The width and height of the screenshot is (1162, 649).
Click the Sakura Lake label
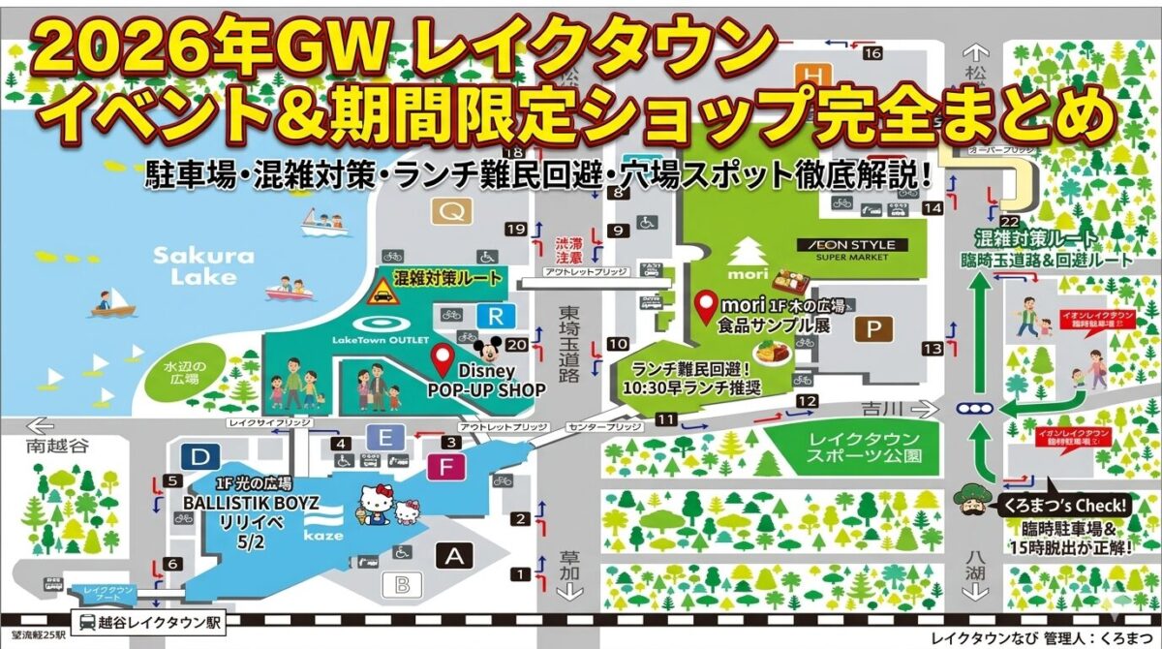190,266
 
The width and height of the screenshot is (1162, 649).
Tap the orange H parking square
811,74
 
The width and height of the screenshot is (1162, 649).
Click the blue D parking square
199,456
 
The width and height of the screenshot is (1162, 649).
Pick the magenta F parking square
445,468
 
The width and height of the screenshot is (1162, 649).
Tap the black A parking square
454,555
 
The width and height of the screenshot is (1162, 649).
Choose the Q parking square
450,210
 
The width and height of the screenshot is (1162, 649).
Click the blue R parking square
496,315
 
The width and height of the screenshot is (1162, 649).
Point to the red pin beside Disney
443,360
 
